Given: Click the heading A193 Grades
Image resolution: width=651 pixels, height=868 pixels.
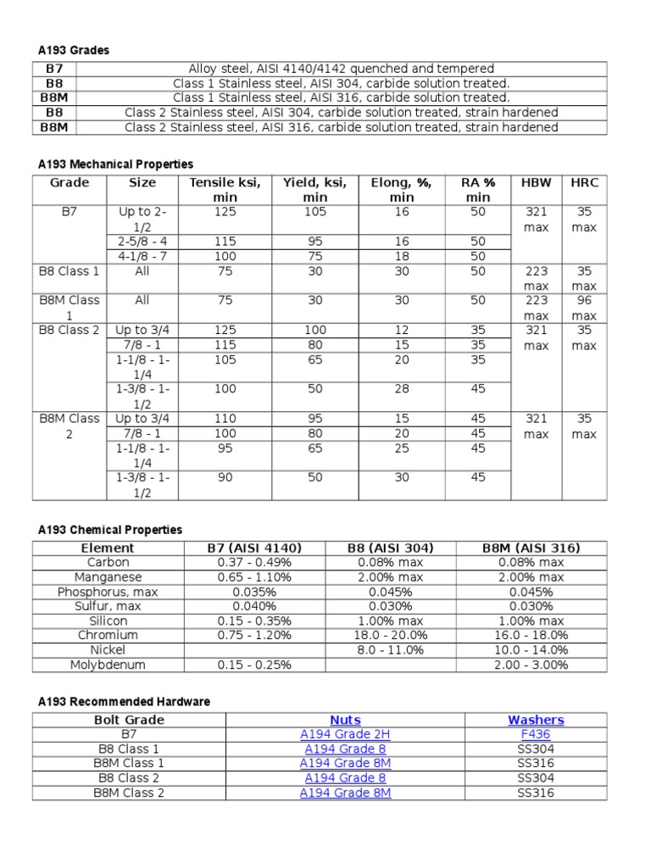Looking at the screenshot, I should coord(74,51).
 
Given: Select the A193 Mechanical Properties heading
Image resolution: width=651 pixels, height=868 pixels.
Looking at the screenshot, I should coord(115,164).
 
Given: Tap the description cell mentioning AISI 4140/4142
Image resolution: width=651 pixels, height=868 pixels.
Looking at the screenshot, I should coord(340,69).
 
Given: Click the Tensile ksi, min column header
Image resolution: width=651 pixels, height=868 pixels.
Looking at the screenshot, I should coord(225,190).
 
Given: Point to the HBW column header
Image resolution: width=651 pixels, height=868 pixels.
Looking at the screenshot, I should coord(536,183).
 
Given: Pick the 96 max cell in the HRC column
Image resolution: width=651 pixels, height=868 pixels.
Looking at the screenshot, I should coord(583,308).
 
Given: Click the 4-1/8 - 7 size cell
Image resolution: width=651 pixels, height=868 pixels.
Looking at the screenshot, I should coord(142,256).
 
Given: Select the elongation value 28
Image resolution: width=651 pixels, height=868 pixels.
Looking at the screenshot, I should coord(402,388).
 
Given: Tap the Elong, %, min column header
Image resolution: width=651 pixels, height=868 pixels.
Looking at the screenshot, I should coord(402,190).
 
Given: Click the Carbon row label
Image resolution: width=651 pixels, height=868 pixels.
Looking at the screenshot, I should coord(108,563).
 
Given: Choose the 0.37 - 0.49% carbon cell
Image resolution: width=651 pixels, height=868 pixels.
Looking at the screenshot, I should coord(254,563).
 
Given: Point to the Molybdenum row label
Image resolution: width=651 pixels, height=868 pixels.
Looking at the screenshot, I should coord(108,665).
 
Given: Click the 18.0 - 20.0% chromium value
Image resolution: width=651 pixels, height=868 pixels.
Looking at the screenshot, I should coord(391,635).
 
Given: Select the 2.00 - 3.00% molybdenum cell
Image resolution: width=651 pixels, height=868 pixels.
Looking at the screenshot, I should coord(531,665).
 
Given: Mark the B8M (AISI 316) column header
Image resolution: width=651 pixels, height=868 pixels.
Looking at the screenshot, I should coord(531,548).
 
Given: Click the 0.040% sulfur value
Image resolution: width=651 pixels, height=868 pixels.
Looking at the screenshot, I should coord(254,606).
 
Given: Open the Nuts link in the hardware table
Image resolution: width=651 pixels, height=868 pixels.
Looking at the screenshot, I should coord(345,721).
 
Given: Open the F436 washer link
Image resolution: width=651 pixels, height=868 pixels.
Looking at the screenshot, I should coord(536,735).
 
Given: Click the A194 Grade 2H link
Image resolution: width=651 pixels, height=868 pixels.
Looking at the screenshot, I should coord(345,735).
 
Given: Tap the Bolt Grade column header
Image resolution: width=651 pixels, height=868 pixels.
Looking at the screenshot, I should coord(129,721).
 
